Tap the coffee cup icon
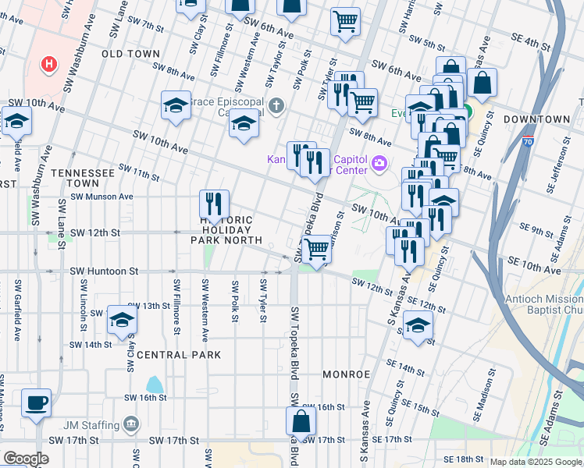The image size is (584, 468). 36,404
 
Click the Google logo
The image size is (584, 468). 26,459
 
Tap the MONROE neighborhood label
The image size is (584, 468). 346,374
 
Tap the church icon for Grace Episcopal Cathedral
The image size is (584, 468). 275,105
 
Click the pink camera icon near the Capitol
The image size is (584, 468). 379,163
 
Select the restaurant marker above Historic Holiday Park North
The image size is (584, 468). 214,204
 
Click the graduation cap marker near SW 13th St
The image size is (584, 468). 122,320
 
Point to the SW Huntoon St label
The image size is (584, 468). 104,271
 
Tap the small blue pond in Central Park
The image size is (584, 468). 155,385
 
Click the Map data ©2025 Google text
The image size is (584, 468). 536,462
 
